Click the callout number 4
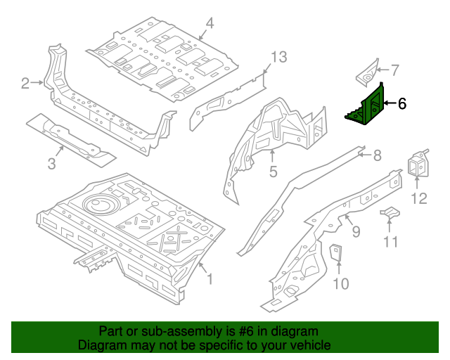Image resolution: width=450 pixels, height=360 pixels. [x=209, y=27]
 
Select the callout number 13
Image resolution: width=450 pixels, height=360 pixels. [x=279, y=57]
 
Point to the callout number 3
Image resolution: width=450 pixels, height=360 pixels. [x=51, y=165]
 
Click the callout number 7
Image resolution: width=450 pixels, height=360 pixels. [x=394, y=70]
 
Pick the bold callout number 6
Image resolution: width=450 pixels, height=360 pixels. [x=401, y=104]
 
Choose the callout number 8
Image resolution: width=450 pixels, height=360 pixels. [x=377, y=155]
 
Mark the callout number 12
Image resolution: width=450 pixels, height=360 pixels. [x=418, y=198]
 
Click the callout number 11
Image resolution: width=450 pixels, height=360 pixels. [x=391, y=243]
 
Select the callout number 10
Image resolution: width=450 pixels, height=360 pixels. [x=340, y=283]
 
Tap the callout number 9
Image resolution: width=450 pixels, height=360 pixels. [x=356, y=230]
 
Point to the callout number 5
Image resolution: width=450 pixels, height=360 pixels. [x=274, y=171]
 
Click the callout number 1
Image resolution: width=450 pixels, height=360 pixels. [x=209, y=280]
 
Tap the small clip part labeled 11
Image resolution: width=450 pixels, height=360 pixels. [x=390, y=211]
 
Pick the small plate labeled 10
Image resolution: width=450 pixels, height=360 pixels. [x=336, y=251]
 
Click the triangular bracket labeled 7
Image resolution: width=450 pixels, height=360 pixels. [x=366, y=70]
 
